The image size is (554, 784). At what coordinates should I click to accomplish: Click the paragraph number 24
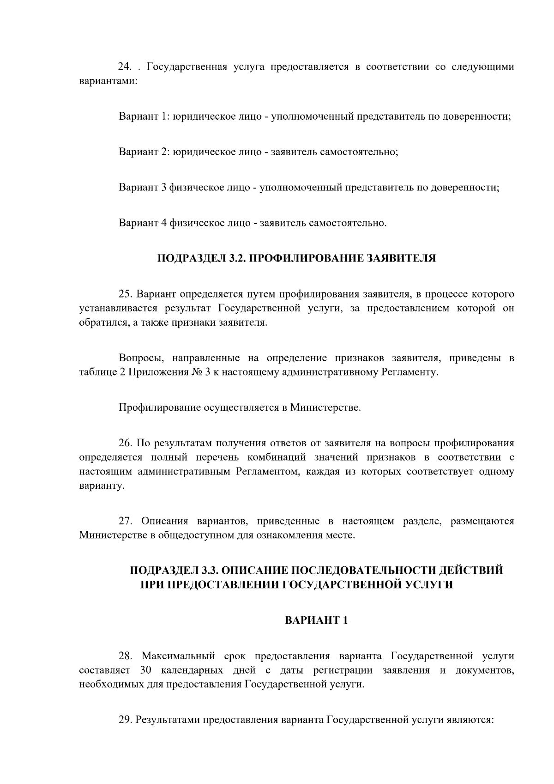point(126,67)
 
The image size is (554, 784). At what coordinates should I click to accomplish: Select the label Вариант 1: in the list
point(145,116)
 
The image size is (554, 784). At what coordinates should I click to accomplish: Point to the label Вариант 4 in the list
point(142,223)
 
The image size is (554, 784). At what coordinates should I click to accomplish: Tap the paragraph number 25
point(126,294)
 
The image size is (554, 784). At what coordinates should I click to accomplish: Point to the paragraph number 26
point(126,444)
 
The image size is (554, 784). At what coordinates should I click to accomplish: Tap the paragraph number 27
point(126,522)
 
